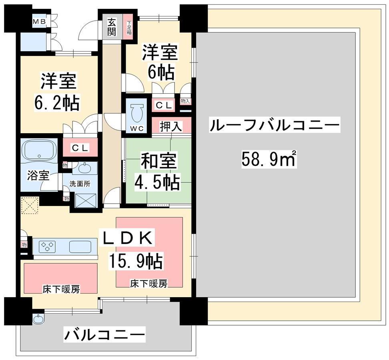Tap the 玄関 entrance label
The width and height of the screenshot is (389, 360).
112,27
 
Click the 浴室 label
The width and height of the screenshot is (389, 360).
38,175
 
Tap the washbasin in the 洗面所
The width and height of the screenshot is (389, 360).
85,168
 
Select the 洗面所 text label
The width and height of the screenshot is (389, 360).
80,185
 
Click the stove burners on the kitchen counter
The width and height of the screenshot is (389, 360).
48,246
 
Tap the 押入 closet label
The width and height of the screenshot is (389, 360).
171,127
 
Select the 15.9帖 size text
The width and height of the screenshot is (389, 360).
135,262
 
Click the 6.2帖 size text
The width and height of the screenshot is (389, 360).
57,103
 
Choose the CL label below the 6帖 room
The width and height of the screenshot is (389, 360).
163,106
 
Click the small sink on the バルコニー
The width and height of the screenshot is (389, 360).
38,319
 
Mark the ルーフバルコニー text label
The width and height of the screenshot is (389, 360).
274,127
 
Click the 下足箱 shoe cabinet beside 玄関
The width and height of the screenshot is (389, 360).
129,28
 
